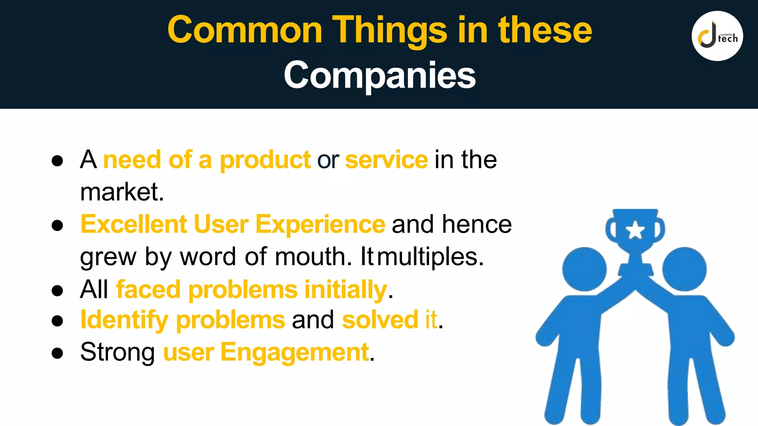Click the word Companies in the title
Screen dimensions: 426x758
(x=379, y=75)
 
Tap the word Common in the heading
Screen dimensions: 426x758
(x=245, y=30)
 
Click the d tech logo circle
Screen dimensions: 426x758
(x=717, y=36)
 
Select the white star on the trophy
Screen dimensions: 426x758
(x=635, y=230)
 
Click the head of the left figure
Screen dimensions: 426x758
(x=584, y=269)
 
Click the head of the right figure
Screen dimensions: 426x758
(x=684, y=269)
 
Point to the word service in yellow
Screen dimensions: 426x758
(x=386, y=160)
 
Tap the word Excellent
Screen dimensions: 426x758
(x=134, y=224)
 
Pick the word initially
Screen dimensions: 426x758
(x=345, y=289)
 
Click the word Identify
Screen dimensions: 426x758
(x=124, y=320)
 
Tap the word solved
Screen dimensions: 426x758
(x=380, y=320)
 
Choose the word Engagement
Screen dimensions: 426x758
(x=295, y=352)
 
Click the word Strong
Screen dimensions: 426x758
(x=118, y=352)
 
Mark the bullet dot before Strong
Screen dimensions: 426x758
(x=57, y=353)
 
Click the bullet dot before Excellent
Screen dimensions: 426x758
(x=57, y=225)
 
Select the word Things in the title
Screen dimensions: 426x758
(x=390, y=30)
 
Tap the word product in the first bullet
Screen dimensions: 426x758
(x=265, y=160)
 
